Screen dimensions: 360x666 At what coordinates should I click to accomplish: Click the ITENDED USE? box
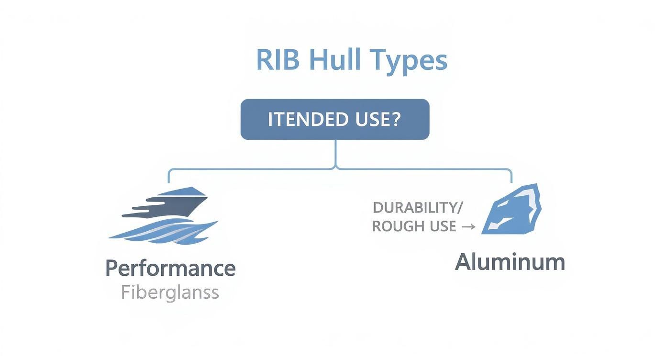(334, 120)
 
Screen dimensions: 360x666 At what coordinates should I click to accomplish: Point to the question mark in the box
(395, 120)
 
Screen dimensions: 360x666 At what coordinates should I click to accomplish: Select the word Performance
(170, 269)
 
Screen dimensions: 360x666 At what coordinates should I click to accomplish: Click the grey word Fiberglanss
(170, 292)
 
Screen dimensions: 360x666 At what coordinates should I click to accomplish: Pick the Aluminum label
(510, 262)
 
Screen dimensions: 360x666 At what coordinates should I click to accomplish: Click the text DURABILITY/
(415, 208)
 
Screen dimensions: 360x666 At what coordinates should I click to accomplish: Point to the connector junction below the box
(335, 168)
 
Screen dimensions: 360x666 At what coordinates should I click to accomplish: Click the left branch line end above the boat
(169, 181)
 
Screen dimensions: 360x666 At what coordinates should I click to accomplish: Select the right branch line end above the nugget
(511, 181)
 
